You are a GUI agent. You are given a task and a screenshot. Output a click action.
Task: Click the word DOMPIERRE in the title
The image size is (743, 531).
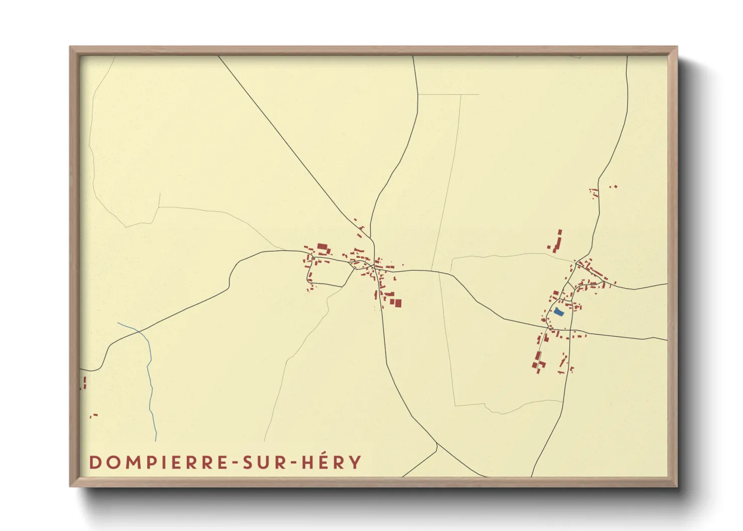[160, 462]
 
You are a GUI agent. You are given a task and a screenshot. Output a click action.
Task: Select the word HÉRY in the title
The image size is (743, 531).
[331, 462]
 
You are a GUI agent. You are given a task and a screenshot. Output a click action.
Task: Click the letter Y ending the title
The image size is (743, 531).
[355, 462]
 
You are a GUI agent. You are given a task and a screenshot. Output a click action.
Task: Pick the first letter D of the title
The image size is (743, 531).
[95, 462]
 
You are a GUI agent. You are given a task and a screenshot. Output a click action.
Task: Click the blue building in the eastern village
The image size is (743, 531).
[559, 312]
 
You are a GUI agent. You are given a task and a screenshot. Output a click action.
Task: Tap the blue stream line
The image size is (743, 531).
[150, 381]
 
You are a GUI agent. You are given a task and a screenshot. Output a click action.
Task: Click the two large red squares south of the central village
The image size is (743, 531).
[396, 303]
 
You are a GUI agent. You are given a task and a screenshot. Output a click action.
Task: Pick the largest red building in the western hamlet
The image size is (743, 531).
[322, 247]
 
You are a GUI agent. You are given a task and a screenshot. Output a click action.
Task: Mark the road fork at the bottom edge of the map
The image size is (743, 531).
[437, 445]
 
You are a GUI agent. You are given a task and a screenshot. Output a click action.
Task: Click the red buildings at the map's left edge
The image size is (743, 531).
[84, 383]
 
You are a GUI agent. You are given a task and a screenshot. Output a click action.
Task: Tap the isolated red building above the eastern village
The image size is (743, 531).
[558, 241]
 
